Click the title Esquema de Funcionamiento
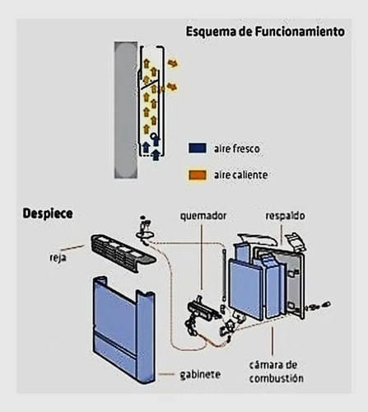(x=265, y=32)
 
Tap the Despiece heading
(x=48, y=213)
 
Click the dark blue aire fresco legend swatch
(x=198, y=148)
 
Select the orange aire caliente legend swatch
(x=198, y=175)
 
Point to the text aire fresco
(x=237, y=148)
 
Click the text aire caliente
(x=241, y=175)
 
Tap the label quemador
(x=203, y=216)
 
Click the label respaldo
(x=285, y=216)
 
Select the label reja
(x=58, y=258)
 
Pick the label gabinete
(x=200, y=374)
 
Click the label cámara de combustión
(x=276, y=372)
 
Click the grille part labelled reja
(x=123, y=253)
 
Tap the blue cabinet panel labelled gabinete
(x=124, y=330)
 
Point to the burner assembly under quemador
(x=203, y=311)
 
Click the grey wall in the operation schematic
(x=126, y=110)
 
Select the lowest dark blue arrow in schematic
(x=156, y=155)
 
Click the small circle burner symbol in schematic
(x=154, y=136)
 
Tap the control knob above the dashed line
(x=144, y=233)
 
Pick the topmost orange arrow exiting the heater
(x=173, y=63)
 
